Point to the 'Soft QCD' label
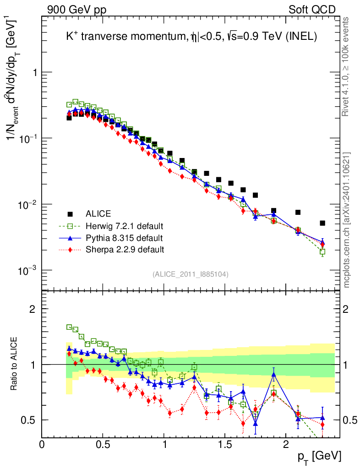[x=312, y=10]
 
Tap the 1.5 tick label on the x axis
[x=224, y=444]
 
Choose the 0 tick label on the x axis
[x=42, y=444]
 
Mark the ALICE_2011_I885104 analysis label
[x=191, y=274]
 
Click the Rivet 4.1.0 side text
[x=346, y=66]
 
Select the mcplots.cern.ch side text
[x=346, y=220]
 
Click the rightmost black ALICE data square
[x=322, y=223]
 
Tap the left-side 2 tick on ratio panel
[x=33, y=309]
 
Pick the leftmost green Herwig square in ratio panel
[x=69, y=327]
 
